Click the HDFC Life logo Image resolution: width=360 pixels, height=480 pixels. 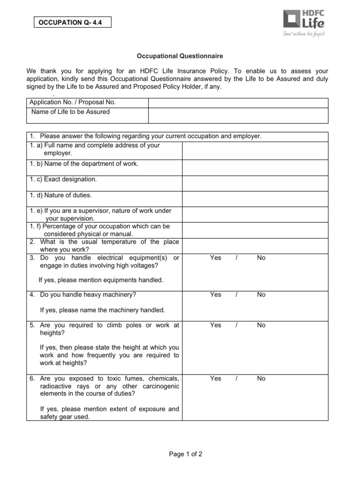(x=304, y=20)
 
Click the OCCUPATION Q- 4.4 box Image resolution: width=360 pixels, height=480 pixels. (x=72, y=22)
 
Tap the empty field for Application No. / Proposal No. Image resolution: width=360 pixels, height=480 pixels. (x=238, y=103)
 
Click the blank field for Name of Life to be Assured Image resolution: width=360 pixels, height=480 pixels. (x=238, y=115)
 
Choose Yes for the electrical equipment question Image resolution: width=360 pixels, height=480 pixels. (x=216, y=258)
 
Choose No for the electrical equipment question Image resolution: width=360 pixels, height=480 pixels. (x=261, y=258)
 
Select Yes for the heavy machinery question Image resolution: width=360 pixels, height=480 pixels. (x=216, y=294)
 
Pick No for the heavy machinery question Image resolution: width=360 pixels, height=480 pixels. (x=261, y=294)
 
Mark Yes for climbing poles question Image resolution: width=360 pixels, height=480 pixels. (x=216, y=325)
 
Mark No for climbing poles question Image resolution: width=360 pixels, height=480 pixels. (x=261, y=325)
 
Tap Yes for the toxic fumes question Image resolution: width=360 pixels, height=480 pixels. (x=216, y=378)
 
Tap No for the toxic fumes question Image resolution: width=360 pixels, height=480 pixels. (x=261, y=378)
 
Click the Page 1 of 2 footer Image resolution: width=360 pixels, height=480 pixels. (x=180, y=454)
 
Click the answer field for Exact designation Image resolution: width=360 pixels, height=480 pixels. (x=255, y=183)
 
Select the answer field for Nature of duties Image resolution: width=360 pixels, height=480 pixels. (x=255, y=199)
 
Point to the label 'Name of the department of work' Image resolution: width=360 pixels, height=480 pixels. (x=84, y=164)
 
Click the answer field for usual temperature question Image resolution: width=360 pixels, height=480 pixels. (x=255, y=246)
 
